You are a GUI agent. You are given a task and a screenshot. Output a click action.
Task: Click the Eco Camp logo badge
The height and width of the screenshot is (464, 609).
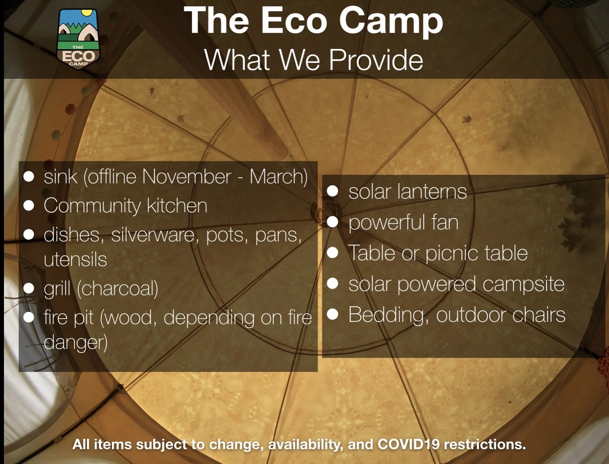pyautogui.click(x=78, y=39)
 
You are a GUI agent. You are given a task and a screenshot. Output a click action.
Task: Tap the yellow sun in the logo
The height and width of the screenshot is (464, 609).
pyautogui.click(x=87, y=14)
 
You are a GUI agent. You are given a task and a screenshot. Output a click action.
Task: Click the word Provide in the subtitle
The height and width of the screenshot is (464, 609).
pyautogui.click(x=376, y=60)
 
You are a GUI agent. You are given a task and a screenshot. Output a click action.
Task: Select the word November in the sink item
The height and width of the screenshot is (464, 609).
pyautogui.click(x=186, y=177)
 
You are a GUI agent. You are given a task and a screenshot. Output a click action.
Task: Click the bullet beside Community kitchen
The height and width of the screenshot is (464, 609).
pyautogui.click(x=29, y=206)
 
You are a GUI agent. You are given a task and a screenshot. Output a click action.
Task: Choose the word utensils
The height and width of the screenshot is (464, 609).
pyautogui.click(x=75, y=259)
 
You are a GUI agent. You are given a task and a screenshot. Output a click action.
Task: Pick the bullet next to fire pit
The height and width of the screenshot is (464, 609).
pyautogui.click(x=29, y=317)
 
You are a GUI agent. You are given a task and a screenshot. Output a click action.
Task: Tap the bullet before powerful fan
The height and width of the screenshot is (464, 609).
pyautogui.click(x=333, y=222)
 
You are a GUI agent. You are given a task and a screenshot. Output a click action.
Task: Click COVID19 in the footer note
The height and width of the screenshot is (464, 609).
pyautogui.click(x=408, y=445)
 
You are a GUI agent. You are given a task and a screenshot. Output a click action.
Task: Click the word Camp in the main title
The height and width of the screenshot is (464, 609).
pyautogui.click(x=391, y=22)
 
